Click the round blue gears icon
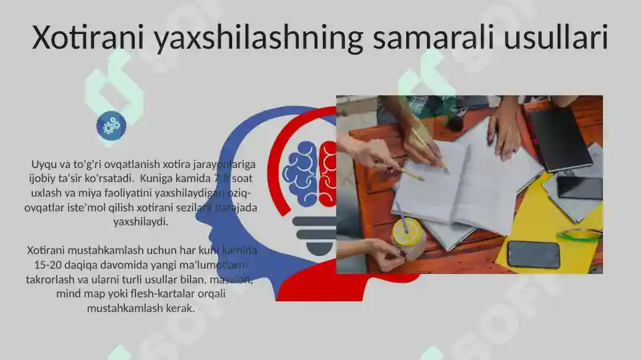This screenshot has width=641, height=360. point(111,125)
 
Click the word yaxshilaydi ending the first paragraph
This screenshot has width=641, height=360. point(141,221)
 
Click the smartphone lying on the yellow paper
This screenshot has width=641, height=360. point(533,254)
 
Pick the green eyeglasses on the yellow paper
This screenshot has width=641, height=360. point(579,235)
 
